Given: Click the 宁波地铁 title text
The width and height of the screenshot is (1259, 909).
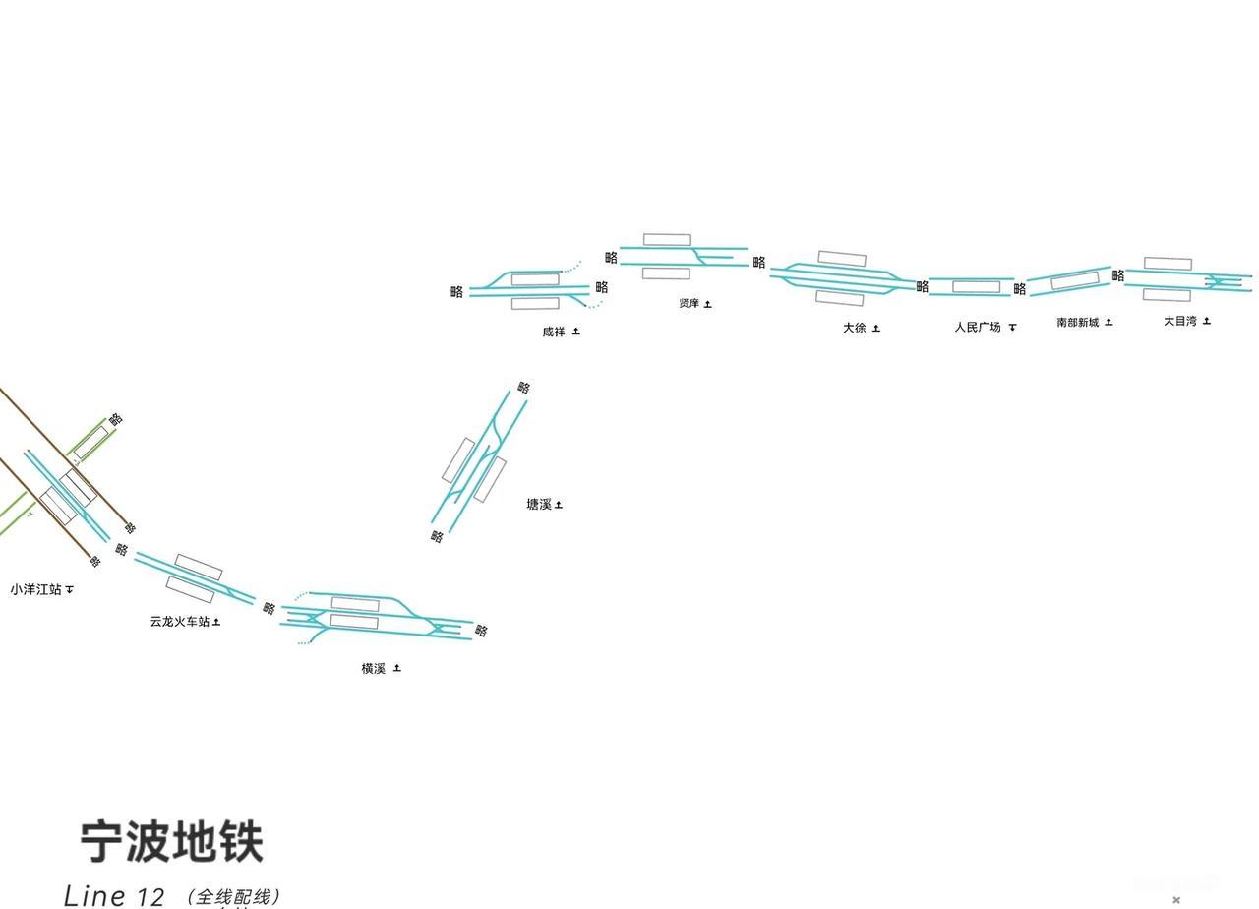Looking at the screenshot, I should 172,843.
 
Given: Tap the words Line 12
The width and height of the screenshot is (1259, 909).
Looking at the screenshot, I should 114,895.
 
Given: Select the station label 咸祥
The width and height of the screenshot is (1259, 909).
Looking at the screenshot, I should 554,332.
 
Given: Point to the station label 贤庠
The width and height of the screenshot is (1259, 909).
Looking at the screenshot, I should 689,303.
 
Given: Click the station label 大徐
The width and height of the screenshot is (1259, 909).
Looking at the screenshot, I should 854,328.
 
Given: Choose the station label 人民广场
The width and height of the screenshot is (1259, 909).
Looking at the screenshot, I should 977,327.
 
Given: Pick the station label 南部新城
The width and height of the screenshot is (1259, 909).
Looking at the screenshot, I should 1078,322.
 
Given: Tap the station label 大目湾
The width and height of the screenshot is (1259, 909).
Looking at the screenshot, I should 1180,321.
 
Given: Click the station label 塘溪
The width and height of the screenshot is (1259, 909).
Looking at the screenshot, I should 538,505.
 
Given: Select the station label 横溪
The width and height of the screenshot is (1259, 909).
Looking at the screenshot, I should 373,669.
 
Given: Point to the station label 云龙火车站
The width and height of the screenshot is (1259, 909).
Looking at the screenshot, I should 179,622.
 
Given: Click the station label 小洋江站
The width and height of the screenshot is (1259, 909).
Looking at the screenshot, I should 35,589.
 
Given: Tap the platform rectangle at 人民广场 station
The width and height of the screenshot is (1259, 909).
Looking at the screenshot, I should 976,287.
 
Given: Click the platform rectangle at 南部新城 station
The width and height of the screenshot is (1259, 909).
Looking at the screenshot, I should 1074,281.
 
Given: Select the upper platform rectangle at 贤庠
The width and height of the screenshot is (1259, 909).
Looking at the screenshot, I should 667,240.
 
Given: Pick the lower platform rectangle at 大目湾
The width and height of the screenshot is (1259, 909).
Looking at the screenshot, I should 1167,295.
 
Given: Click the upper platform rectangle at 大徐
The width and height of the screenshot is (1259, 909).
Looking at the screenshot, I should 842,259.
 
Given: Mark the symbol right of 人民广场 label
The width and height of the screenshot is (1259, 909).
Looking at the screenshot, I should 1012,327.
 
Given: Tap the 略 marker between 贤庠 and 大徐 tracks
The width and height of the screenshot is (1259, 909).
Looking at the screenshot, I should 759,263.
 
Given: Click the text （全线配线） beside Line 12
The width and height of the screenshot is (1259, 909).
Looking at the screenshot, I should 234,896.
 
